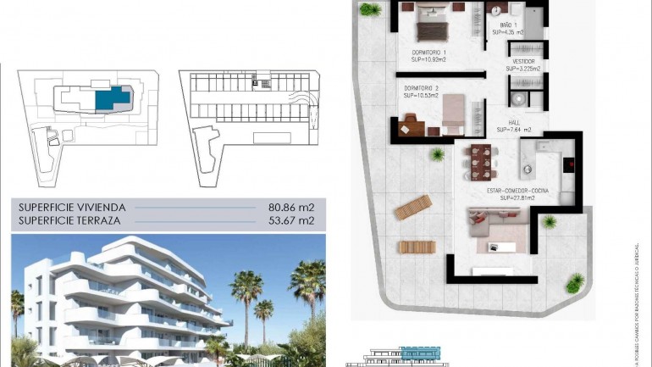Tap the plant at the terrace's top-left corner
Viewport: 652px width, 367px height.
tap(369, 9)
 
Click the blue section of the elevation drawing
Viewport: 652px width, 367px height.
tap(415, 351)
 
